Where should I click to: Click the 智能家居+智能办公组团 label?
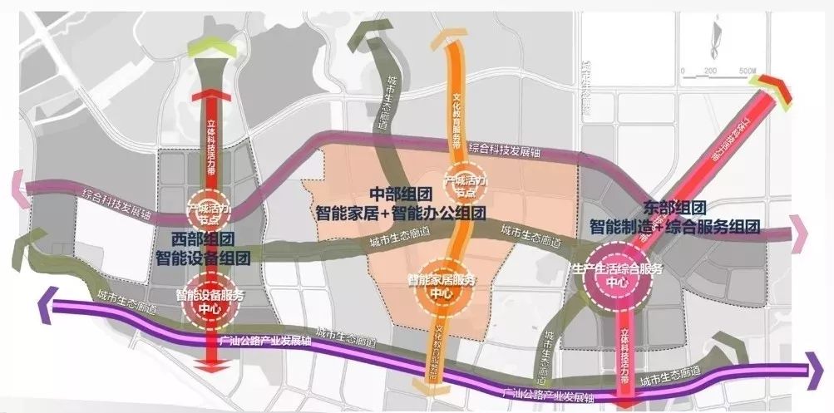point(400,213)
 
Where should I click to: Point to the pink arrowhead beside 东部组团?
point(799,234)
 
